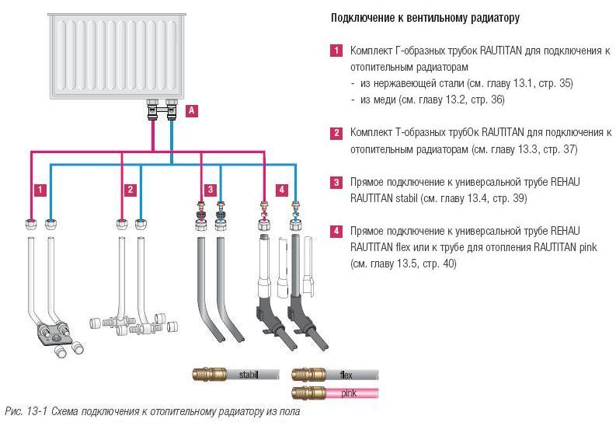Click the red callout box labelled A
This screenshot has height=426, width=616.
pyautogui.click(x=192, y=111)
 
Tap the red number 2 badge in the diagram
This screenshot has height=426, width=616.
pyautogui.click(x=131, y=190)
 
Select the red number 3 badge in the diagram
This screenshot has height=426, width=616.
pyautogui.click(x=210, y=190)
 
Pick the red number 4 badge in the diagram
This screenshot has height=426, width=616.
pyautogui.click(x=281, y=190)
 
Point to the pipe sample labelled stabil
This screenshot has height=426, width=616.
pyautogui.click(x=236, y=375)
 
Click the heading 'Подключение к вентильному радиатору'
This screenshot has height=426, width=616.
pyautogui.click(x=425, y=17)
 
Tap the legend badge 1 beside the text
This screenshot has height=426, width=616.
pyautogui.click(x=336, y=51)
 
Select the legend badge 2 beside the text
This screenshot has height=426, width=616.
pyautogui.click(x=336, y=133)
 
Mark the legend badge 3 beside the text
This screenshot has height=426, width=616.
pyautogui.click(x=336, y=183)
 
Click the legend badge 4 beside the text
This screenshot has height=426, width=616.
pyautogui.click(x=336, y=232)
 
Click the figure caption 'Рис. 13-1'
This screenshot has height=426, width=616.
pyautogui.click(x=23, y=410)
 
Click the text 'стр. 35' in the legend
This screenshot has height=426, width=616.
pyautogui.click(x=552, y=83)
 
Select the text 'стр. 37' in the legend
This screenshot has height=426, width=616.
pyautogui.click(x=559, y=149)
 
